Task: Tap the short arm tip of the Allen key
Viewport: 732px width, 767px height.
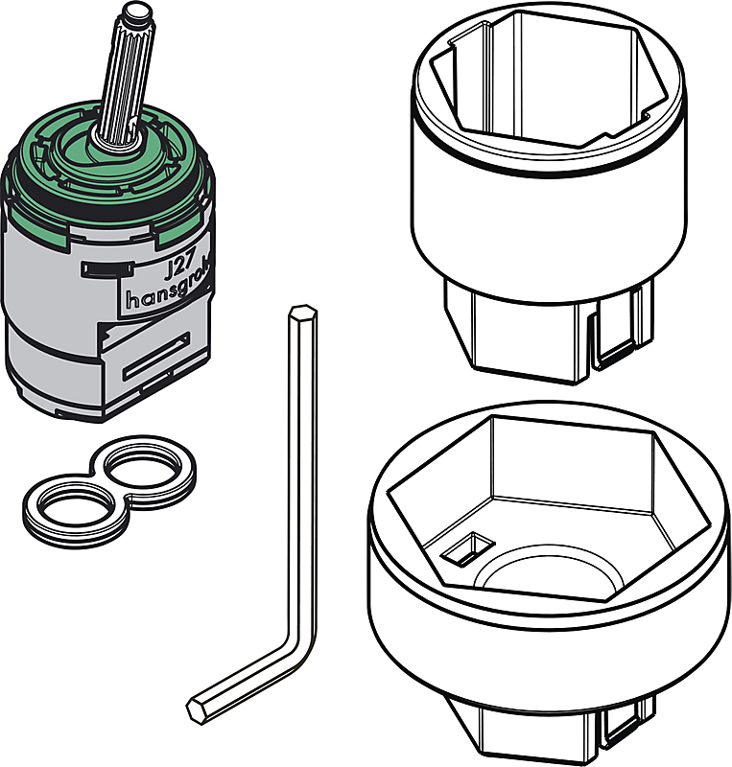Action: (200, 709)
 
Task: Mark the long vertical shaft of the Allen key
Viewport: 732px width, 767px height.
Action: (297, 479)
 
